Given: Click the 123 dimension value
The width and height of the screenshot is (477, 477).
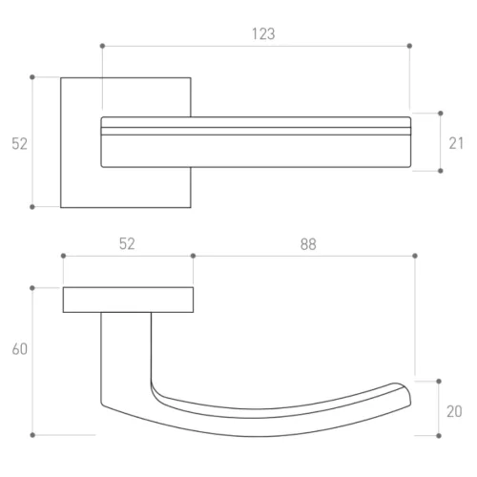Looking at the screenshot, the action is pos(263,33).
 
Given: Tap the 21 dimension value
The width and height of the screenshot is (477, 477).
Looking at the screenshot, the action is pos(456,143).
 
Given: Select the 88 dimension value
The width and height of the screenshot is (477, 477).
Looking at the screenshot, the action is pos(308,244).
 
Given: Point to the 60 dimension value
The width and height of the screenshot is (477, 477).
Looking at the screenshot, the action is pos(20,349).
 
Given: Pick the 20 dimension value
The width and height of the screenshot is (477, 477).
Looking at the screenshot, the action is pos(454,411).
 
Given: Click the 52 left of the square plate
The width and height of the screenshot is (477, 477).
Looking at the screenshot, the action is pos(19,144).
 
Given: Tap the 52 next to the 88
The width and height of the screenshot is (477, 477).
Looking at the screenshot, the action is pos(127,244).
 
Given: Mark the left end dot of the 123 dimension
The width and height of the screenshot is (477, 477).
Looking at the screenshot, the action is pos(102,46).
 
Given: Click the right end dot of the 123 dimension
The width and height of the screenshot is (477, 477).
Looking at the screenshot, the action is pos(409,46).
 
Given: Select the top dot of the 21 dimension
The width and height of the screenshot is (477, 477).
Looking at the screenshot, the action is pos(441,114).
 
